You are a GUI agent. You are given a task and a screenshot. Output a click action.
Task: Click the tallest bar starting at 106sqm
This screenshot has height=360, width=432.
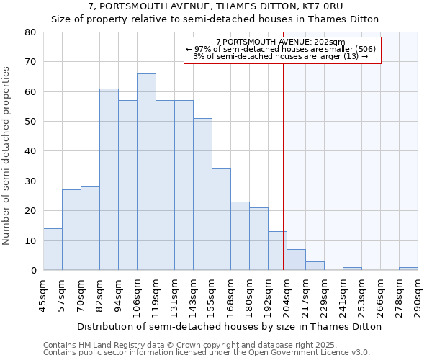click(146, 173)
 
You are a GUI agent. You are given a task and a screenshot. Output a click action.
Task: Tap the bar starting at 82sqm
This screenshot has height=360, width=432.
click(109, 180)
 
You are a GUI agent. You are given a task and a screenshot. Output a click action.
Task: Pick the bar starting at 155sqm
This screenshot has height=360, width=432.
click(221, 220)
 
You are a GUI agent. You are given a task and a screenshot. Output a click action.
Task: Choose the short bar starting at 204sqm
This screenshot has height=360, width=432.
click(296, 260)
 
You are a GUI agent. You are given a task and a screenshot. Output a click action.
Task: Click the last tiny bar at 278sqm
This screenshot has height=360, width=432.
click(408, 269)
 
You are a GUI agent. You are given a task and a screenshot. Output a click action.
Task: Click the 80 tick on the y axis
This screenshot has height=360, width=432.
click(30, 32)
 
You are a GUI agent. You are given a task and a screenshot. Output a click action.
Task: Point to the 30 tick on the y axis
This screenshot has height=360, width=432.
click(30, 181)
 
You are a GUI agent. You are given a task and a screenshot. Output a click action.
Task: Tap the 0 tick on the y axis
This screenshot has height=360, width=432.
click(33, 270)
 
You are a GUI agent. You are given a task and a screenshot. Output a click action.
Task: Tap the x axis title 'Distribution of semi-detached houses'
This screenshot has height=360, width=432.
click(230, 326)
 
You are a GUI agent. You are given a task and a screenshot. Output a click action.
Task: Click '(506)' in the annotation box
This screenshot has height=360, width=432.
click(363, 49)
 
